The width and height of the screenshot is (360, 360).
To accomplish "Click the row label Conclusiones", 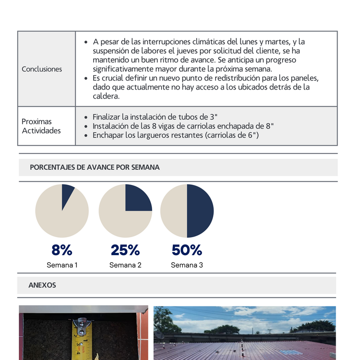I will click(x=42, y=69).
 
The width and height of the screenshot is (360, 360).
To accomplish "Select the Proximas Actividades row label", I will click(x=41, y=126).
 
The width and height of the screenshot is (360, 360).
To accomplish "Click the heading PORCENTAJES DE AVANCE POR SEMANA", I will click(x=94, y=167).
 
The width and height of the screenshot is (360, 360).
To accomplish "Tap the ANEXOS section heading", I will click(x=42, y=285).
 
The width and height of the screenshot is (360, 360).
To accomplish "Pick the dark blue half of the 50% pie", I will click(x=200, y=211).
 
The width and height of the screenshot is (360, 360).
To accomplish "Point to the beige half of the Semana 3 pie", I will click(x=174, y=211).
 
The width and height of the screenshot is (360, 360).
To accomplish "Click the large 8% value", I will click(x=62, y=250).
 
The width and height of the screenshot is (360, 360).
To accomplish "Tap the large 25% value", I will click(x=125, y=250).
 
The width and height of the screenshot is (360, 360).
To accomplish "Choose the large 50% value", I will click(x=187, y=250).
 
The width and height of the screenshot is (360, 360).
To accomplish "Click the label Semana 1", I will click(x=62, y=265).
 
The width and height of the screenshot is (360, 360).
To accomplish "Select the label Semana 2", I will click(x=125, y=265).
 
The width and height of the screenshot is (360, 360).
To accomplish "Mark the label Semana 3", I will click(x=187, y=265).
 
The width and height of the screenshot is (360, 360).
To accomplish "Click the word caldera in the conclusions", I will click(x=106, y=97).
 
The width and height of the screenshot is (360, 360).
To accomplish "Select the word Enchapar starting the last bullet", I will click(x=108, y=135).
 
